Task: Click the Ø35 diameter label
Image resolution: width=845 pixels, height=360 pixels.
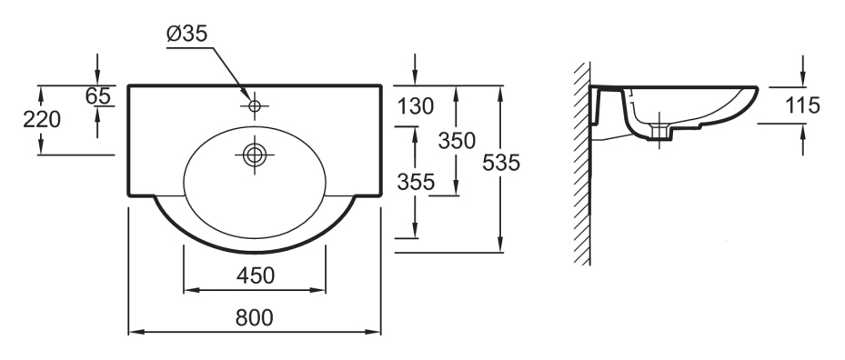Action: click(x=187, y=34)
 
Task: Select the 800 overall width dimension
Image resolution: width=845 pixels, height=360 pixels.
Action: click(x=255, y=318)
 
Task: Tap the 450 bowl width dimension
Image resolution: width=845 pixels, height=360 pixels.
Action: click(x=256, y=275)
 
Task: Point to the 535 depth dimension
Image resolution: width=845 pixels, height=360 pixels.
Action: click(x=501, y=162)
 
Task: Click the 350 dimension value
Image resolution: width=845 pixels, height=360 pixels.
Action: click(x=457, y=141)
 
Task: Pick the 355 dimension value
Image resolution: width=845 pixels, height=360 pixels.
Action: click(x=416, y=182)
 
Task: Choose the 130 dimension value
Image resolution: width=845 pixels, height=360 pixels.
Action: click(x=416, y=106)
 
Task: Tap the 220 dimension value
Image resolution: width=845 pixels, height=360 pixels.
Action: click(x=42, y=119)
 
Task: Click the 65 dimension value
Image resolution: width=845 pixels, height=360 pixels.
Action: click(x=98, y=96)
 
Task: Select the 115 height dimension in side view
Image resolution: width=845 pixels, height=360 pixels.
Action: click(x=802, y=105)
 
